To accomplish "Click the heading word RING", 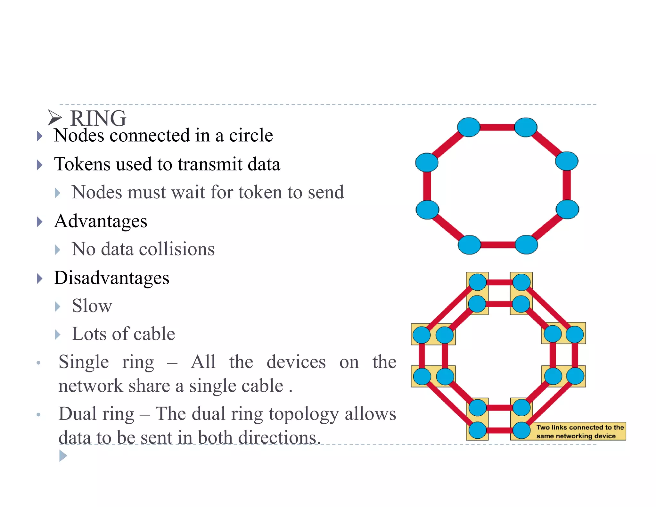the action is pyautogui.click(x=98, y=118).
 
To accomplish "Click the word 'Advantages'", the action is pyautogui.click(x=101, y=221).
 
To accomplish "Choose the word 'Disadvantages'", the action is pyautogui.click(x=111, y=278).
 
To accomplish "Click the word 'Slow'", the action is pyautogui.click(x=92, y=306).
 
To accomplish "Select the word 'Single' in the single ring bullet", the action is pyautogui.click(x=84, y=362).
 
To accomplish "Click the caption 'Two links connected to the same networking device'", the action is pyautogui.click(x=580, y=431).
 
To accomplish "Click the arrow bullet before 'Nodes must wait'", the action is pyautogui.click(x=57, y=193).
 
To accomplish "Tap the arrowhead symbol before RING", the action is pyautogui.click(x=54, y=117).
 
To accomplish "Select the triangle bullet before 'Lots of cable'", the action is pyautogui.click(x=57, y=335).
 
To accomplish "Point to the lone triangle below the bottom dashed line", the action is pyautogui.click(x=63, y=456).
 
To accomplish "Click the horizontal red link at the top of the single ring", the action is pyautogui.click(x=497, y=127).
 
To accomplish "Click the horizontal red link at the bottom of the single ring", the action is pyautogui.click(x=498, y=245).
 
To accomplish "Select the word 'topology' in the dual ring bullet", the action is pyautogui.click(x=303, y=414).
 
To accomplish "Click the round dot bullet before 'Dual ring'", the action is pyautogui.click(x=38, y=414).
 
